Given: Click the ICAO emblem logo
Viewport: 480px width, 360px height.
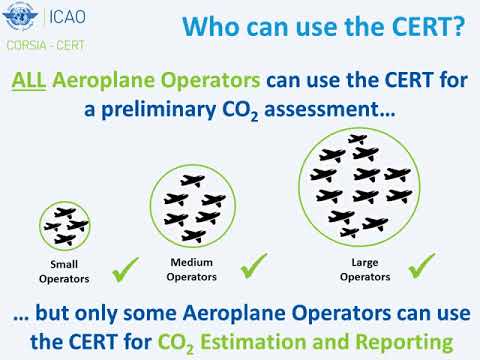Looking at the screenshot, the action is tap(20, 16).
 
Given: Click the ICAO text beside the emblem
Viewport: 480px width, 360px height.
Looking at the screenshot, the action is tap(67, 17).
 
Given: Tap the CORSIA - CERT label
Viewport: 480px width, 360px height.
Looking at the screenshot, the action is tap(46, 45).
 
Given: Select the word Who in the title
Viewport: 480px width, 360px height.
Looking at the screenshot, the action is tap(211, 26).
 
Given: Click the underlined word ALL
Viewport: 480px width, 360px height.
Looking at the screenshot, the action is tap(29, 80).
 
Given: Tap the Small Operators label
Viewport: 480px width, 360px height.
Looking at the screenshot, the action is tap(64, 271).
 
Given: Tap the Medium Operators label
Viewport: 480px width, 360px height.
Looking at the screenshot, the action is tap(192, 269).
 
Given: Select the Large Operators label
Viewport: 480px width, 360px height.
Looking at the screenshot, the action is tap(365, 269).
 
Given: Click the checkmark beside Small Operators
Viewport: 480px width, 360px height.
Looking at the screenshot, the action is tap(125, 270).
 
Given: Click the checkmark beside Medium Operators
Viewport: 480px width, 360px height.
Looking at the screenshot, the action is tap(254, 266).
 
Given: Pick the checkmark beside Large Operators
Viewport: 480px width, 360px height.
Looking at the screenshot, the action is tap(422, 266).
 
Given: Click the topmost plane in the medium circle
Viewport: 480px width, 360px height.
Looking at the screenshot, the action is tap(193, 180).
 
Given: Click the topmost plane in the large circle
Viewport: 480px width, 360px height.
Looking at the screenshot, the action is tap(357, 139).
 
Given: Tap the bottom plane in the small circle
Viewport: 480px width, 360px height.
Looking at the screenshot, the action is tap(65, 239).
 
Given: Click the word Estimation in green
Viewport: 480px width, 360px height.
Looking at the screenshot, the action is tap(254, 342).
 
